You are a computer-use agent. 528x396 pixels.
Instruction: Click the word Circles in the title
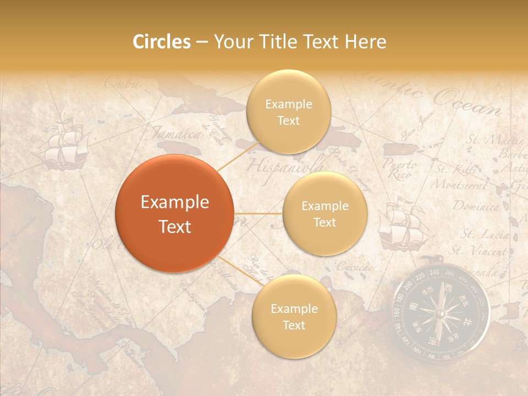pyautogui.click(x=161, y=42)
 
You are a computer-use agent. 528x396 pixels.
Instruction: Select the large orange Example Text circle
pyautogui.click(x=175, y=214)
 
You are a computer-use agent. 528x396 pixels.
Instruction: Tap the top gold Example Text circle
pyautogui.click(x=288, y=112)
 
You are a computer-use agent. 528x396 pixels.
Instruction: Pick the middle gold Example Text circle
pyautogui.click(x=324, y=213)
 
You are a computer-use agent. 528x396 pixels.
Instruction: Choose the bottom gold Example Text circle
pyautogui.click(x=294, y=316)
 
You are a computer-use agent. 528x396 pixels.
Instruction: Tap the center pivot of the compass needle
pyautogui.click(x=440, y=313)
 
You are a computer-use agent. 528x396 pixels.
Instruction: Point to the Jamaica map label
pyautogui.click(x=176, y=133)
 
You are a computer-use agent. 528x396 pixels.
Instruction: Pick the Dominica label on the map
pyautogui.click(x=476, y=207)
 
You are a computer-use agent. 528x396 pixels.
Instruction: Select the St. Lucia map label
pyautogui.click(x=484, y=234)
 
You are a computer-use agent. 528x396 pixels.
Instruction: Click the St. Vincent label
pyautogui.click(x=479, y=250)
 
